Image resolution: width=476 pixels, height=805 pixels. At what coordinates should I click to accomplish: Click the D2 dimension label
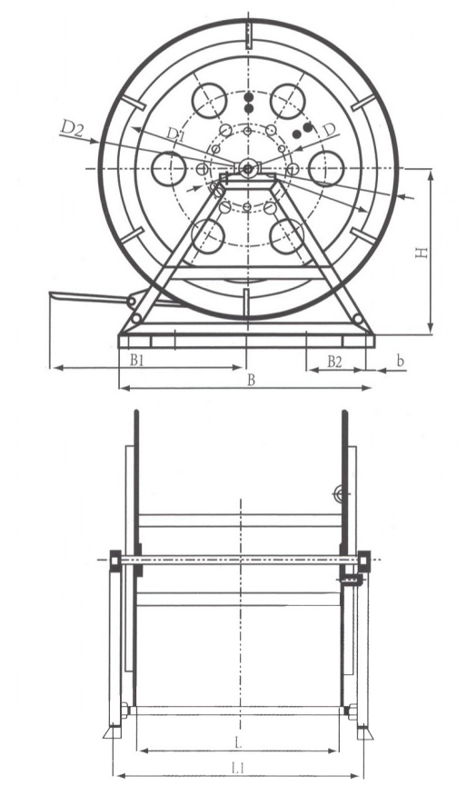click(72, 127)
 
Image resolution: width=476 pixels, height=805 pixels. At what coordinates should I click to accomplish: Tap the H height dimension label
click(421, 253)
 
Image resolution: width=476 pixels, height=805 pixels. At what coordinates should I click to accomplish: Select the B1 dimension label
click(136, 360)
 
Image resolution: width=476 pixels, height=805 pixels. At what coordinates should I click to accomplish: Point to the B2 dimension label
click(334, 362)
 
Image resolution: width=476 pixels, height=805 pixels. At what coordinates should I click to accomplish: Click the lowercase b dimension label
click(400, 361)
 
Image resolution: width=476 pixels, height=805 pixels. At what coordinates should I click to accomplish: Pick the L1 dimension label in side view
click(237, 768)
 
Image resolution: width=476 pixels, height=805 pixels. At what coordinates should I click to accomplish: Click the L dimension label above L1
click(238, 742)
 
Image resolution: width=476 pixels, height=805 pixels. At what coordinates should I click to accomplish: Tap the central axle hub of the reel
click(247, 168)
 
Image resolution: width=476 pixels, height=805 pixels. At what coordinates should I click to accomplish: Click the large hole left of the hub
click(169, 168)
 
